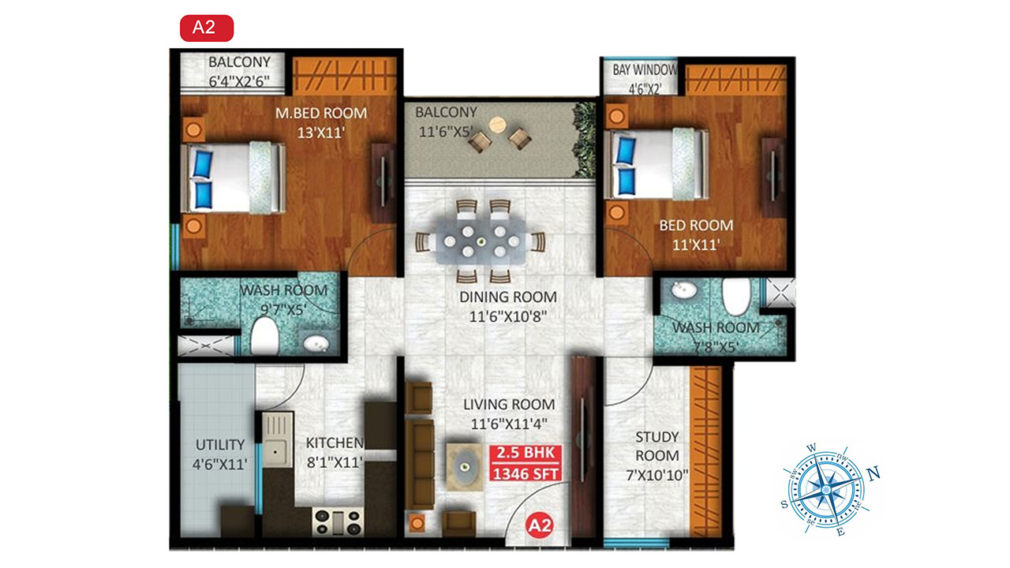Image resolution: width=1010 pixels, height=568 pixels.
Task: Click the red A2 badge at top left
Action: pos(207,28)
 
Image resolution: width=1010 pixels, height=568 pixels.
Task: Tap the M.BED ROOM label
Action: pos(321,113)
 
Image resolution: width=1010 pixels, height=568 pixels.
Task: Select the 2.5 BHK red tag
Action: pos(526,453)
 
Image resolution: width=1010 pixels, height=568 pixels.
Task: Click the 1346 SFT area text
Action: pos(526,474)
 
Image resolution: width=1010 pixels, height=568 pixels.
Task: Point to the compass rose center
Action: pos(826,490)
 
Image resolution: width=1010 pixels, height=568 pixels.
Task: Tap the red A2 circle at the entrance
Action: pos(540,525)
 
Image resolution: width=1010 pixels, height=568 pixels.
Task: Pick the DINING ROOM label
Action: pos(508,297)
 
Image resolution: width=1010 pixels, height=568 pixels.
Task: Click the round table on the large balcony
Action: pos(497,125)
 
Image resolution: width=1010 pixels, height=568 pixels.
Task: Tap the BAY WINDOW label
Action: pos(645,70)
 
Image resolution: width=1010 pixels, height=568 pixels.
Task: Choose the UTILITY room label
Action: pos(220,445)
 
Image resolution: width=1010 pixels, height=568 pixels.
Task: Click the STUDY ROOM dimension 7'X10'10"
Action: pos(657,475)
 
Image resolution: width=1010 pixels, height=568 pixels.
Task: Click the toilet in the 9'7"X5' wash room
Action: pos(264,336)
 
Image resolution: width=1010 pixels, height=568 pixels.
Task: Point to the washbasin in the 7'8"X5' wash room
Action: pos(684,290)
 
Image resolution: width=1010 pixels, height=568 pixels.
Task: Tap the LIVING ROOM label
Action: pos(509,405)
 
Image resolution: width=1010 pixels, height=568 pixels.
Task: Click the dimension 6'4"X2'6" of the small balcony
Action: pos(239,81)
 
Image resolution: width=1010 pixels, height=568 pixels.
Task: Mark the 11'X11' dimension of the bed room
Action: pos(696,245)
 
